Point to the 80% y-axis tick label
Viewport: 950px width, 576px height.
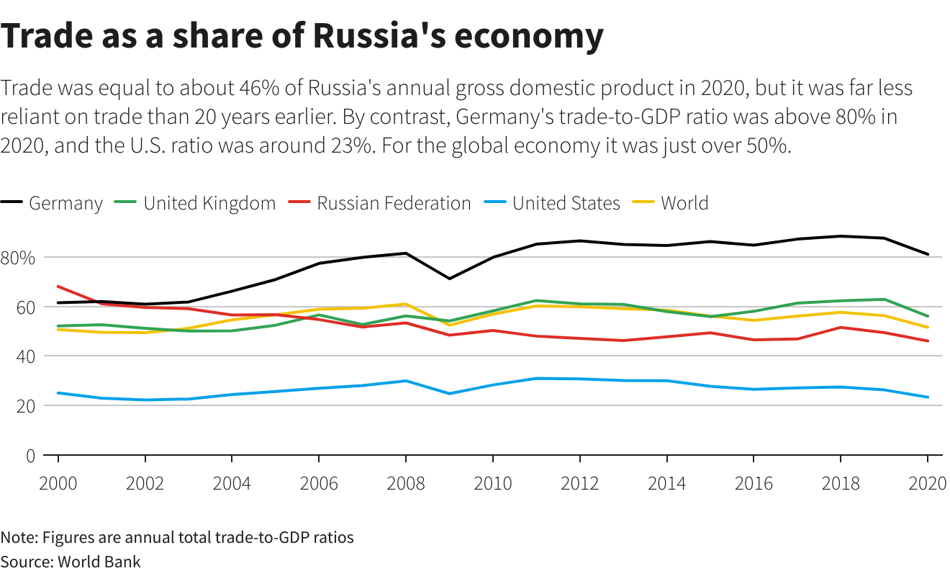click(x=18, y=258)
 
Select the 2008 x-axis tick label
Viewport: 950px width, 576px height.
click(x=406, y=483)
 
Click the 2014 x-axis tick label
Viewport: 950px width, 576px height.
click(x=667, y=483)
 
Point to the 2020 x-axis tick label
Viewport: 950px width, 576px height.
click(x=927, y=483)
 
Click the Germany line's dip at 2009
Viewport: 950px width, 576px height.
click(x=449, y=279)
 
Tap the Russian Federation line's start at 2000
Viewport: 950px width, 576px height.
click(x=58, y=287)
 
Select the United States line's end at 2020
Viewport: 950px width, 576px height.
click(x=928, y=397)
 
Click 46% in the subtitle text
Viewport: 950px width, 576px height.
click(x=256, y=89)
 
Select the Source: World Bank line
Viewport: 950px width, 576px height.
click(x=71, y=562)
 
